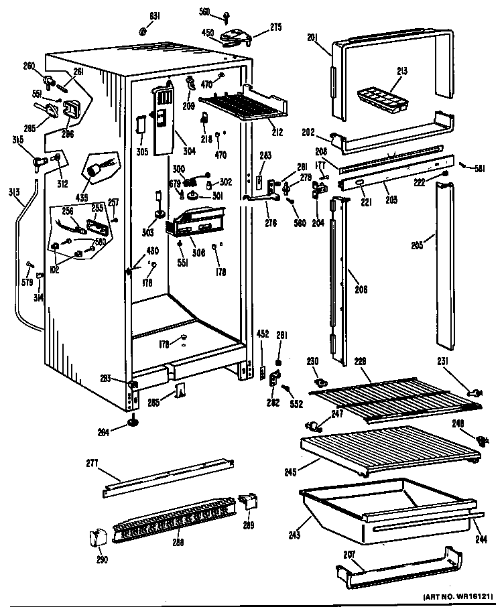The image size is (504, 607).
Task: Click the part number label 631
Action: point(155,16)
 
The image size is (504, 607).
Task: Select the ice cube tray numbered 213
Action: point(380,98)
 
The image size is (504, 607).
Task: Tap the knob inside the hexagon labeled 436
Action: point(100,167)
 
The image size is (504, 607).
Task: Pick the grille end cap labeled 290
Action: point(96,537)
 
